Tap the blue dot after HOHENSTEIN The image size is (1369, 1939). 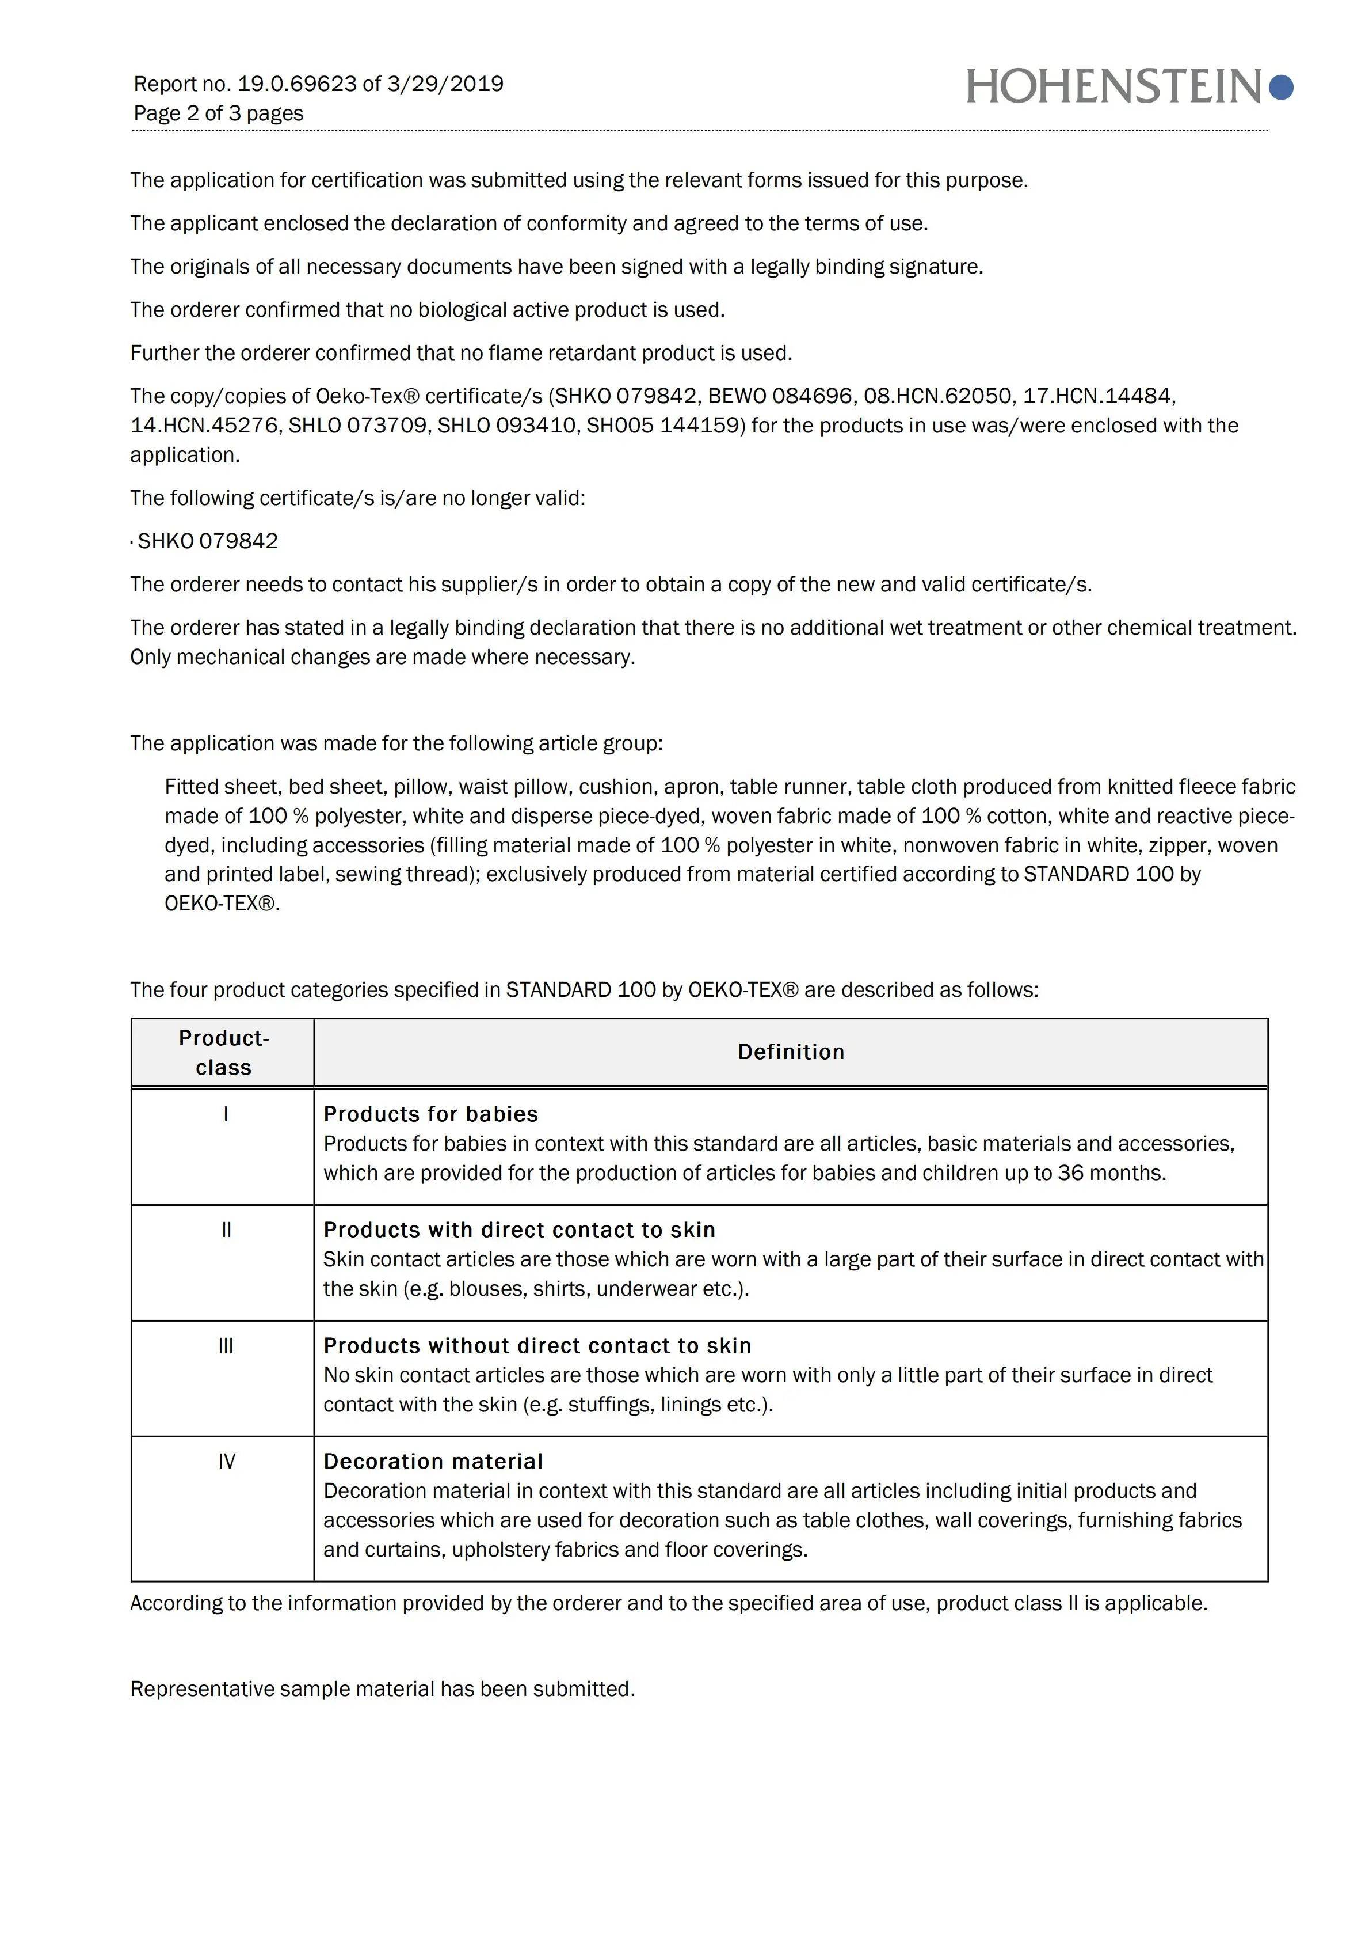pos(1280,87)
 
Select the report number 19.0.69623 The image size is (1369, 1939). pos(297,84)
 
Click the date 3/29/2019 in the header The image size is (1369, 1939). pos(445,84)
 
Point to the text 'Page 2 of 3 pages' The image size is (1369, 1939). pos(219,113)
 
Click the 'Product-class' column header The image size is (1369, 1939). pos(224,1052)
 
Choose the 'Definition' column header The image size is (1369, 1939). pos(791,1052)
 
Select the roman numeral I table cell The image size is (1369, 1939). pos(226,1115)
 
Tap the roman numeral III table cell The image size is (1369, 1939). pos(226,1346)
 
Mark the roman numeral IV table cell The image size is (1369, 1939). pos(226,1462)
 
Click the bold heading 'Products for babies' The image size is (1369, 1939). pos(430,1115)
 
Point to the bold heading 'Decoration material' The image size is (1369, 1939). pos(433,1462)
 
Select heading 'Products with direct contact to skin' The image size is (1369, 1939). pos(519,1231)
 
